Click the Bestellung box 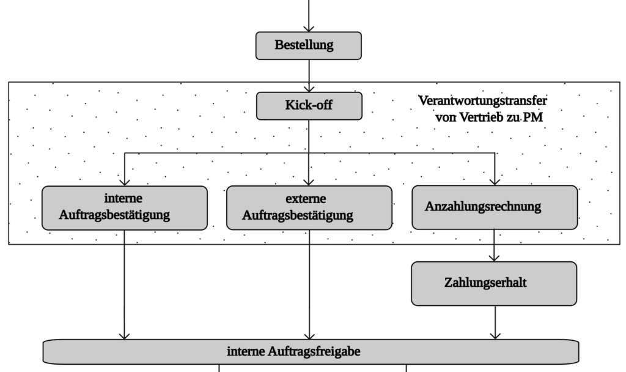[308, 45]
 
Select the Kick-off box [309, 106]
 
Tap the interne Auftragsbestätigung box [124, 208]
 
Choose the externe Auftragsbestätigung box [309, 208]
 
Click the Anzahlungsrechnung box [494, 207]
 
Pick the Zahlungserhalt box [494, 283]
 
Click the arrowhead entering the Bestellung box [309, 28]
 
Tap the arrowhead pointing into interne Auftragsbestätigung [125, 181]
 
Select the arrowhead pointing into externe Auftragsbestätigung [309, 181]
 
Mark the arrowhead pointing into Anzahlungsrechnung [495, 181]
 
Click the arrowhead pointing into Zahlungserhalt [495, 258]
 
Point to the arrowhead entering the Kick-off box [309, 88]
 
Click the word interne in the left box [123, 199]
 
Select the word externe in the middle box [306, 199]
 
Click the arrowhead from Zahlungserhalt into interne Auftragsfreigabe [495, 335]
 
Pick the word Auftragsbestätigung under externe [298, 215]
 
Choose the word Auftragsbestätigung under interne [114, 215]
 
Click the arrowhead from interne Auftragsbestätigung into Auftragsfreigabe [125, 335]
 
